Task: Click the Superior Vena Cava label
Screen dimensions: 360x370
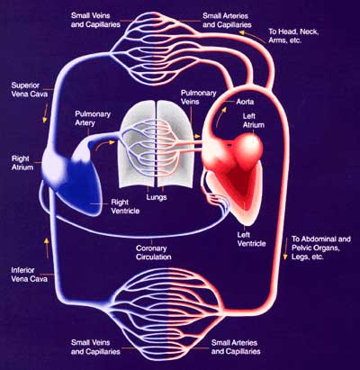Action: (x=30, y=90)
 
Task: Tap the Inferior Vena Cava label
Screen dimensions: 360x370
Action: (x=29, y=275)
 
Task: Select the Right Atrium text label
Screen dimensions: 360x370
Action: (x=22, y=163)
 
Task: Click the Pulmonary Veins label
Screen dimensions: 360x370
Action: (x=198, y=97)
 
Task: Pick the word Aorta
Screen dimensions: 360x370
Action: (x=245, y=102)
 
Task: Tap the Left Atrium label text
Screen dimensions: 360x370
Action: (x=254, y=121)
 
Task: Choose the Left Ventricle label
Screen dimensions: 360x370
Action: (x=251, y=239)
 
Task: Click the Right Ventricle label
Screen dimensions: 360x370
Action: (x=125, y=206)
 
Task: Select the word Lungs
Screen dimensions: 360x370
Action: (x=157, y=197)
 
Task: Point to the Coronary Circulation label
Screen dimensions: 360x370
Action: (x=153, y=252)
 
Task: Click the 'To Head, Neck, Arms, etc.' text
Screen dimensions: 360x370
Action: (x=293, y=36)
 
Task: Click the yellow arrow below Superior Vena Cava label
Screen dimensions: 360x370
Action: (x=46, y=113)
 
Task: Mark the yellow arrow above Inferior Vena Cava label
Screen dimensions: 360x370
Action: (x=47, y=248)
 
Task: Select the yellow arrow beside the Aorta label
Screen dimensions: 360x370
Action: (x=220, y=116)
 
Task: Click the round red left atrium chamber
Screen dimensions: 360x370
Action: (x=249, y=147)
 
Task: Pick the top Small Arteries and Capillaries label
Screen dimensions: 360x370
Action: (x=227, y=20)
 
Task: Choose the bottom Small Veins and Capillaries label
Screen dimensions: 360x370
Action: (x=95, y=347)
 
